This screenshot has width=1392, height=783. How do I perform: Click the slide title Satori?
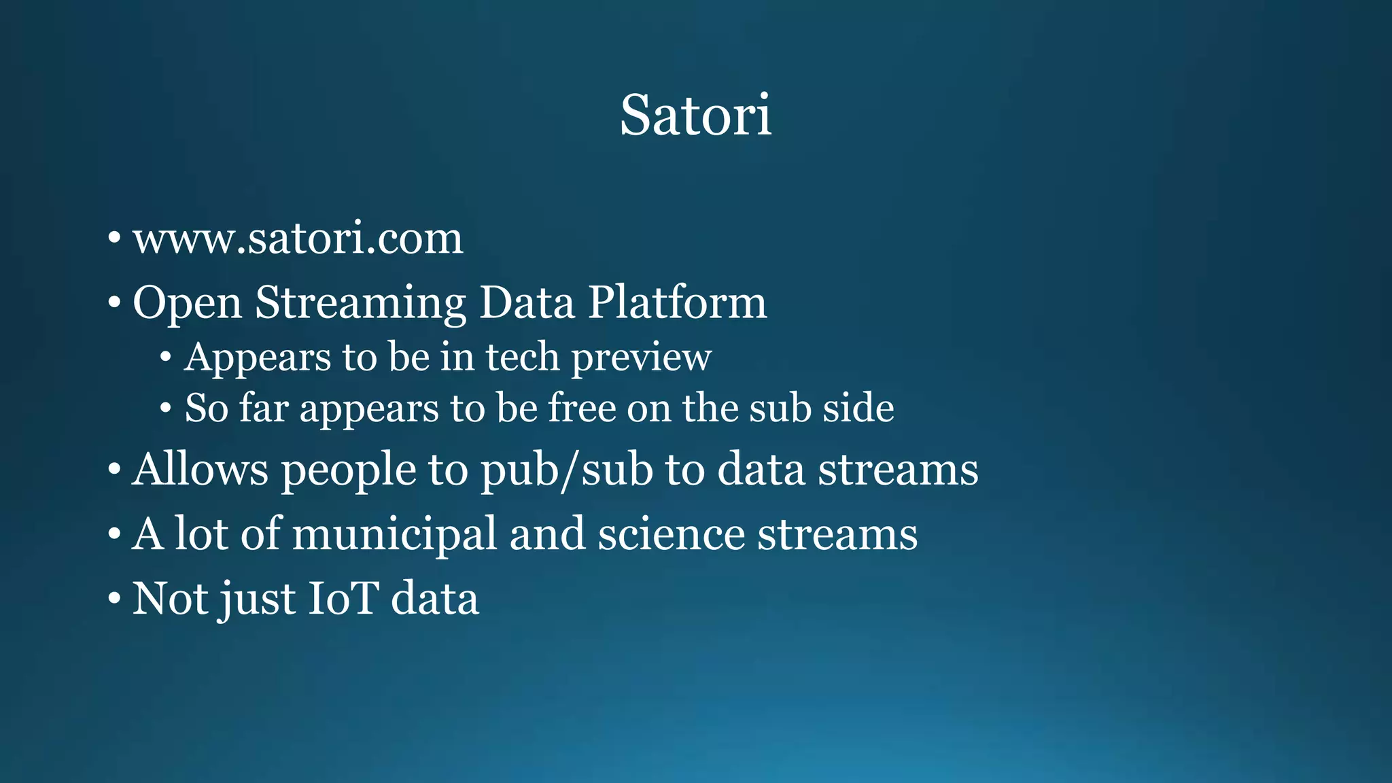695,115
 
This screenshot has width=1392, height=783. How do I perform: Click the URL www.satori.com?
298,239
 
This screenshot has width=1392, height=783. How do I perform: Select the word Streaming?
360,302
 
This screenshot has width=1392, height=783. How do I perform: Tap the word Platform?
677,302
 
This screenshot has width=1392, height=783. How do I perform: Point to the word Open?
187,304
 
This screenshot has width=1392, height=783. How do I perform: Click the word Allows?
201,470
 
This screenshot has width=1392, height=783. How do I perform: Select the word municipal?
394,535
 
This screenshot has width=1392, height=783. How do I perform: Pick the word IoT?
343,599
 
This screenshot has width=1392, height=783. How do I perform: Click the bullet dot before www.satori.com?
114,239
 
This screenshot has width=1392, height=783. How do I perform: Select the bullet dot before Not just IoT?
114,599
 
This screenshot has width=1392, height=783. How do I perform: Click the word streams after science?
837,534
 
